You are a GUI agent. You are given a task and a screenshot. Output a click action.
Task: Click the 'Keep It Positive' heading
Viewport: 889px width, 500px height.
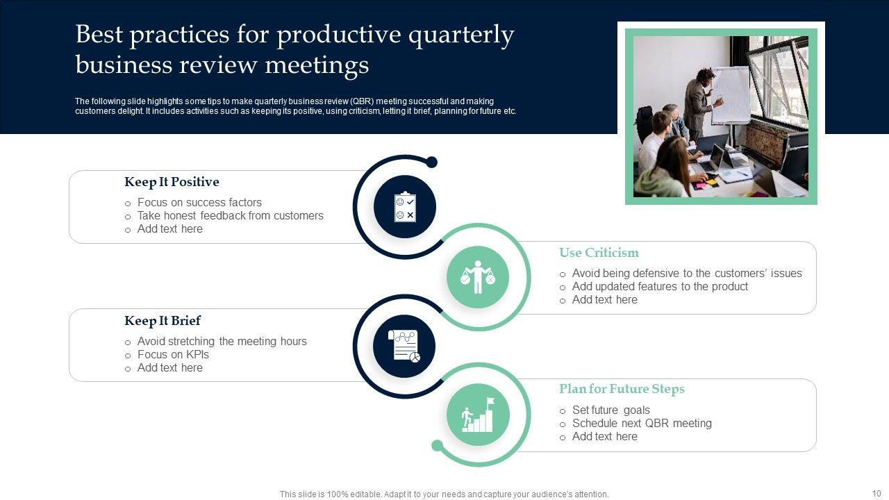(x=172, y=182)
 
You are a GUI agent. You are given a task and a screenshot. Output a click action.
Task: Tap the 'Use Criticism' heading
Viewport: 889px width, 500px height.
(x=599, y=253)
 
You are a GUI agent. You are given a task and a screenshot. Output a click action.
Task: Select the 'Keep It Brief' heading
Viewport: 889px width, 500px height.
(x=163, y=321)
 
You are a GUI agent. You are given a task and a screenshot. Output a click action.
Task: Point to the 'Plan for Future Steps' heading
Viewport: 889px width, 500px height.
(x=622, y=389)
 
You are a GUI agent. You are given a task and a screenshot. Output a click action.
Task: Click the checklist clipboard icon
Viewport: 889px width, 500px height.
(x=405, y=207)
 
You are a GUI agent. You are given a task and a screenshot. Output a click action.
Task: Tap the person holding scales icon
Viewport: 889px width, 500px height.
(x=477, y=277)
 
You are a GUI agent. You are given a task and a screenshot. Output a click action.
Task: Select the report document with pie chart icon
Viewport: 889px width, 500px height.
(x=404, y=346)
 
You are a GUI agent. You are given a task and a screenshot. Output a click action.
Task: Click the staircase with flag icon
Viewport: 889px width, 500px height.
(x=478, y=415)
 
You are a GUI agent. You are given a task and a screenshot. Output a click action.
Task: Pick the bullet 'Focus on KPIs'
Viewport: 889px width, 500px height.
(x=173, y=354)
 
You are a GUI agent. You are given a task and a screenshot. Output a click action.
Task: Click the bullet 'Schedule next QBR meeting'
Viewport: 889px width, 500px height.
(x=642, y=424)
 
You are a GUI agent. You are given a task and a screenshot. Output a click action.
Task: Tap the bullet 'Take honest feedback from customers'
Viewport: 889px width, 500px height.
(x=230, y=215)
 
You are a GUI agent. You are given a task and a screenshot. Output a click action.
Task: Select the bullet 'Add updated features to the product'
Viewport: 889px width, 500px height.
(x=660, y=287)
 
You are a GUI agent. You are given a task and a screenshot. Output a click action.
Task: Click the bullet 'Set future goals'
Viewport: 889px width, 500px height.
(x=610, y=410)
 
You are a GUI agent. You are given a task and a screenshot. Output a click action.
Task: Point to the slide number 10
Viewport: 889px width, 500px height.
(x=876, y=493)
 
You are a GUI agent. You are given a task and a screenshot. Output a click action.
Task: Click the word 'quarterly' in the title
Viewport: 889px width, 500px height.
(x=461, y=35)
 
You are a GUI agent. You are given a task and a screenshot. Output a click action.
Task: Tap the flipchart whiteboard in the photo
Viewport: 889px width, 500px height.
(x=730, y=95)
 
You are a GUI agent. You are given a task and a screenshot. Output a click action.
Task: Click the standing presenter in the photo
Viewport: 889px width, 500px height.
(x=701, y=105)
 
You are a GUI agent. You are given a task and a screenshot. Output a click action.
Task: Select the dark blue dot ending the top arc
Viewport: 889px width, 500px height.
(x=431, y=162)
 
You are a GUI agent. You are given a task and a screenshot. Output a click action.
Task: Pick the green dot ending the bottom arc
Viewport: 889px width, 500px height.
(x=437, y=446)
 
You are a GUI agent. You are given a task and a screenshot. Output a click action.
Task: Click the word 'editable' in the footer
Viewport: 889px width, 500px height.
(x=363, y=494)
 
